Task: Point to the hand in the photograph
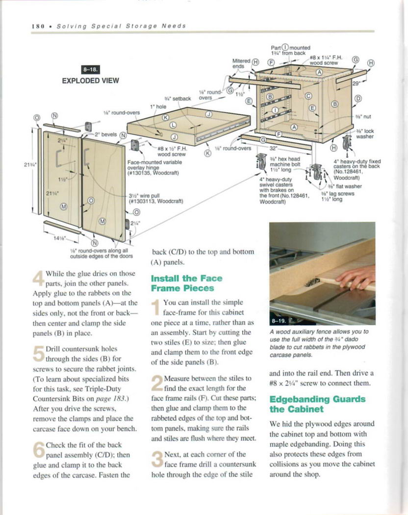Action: [356, 278]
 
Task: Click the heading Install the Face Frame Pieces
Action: [186, 283]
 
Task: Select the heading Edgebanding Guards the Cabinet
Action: [317, 404]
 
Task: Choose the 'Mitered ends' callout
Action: [239, 63]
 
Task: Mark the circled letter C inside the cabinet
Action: [308, 97]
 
